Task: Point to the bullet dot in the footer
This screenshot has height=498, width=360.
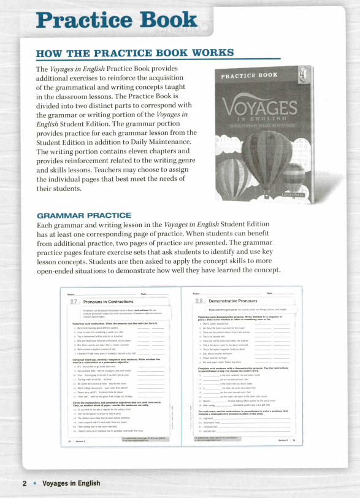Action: [34, 483]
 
